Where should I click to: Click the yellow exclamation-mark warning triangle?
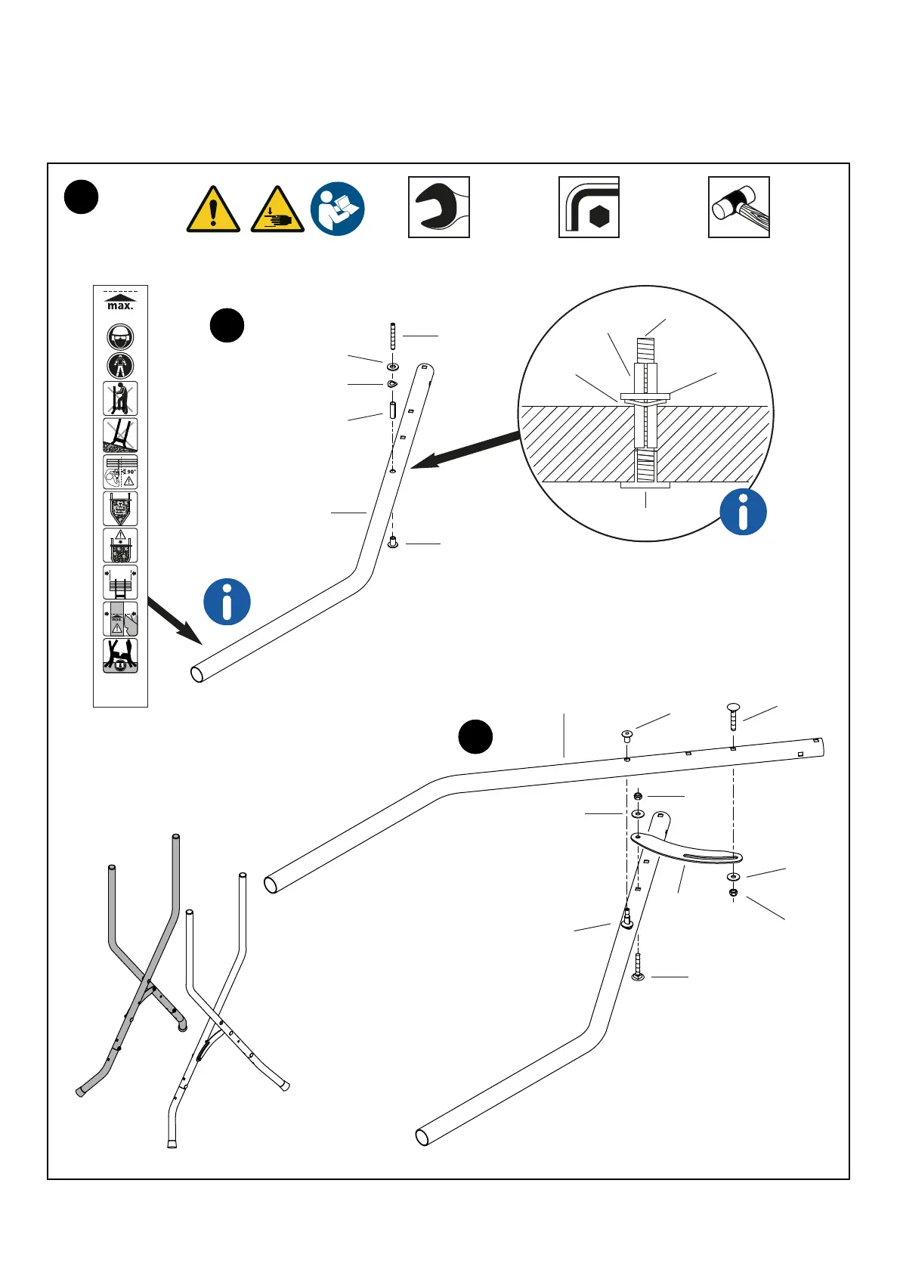(x=213, y=209)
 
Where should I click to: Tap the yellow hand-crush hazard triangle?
(x=277, y=209)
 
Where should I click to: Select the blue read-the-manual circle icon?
(x=338, y=209)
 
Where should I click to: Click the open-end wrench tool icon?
(x=439, y=207)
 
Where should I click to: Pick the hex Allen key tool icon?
(x=589, y=207)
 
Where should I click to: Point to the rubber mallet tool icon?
(x=738, y=207)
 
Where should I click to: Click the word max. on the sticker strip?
(x=120, y=306)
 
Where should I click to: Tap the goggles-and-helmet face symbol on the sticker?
(x=120, y=336)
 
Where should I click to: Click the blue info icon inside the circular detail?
(x=743, y=512)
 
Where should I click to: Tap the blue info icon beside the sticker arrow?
(x=227, y=602)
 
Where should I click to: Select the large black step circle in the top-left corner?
(x=81, y=197)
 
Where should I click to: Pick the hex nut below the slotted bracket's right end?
(x=733, y=893)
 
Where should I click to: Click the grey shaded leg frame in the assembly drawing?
(x=144, y=968)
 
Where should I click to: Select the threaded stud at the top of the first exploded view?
(x=393, y=336)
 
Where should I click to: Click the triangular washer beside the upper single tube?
(x=392, y=384)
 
